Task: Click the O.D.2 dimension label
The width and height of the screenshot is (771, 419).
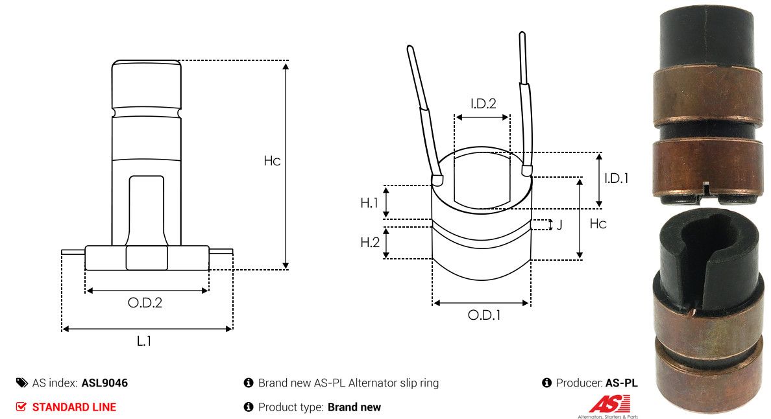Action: click(145, 302)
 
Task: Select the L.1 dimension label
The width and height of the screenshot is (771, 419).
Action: click(143, 341)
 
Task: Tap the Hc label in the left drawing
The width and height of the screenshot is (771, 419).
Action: click(272, 161)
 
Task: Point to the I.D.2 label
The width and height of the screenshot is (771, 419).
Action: click(483, 103)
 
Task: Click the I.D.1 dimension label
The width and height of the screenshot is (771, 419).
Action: click(616, 178)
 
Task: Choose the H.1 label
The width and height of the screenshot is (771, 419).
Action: click(369, 203)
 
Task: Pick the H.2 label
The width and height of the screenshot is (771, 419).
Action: click(369, 243)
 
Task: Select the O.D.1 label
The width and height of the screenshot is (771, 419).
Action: click(484, 315)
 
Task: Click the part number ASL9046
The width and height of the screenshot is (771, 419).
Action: click(104, 383)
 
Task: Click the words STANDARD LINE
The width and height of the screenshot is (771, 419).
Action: click(74, 407)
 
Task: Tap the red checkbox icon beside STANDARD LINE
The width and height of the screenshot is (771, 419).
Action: click(21, 407)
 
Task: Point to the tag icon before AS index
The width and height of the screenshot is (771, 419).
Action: click(21, 383)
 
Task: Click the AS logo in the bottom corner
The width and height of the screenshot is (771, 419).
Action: click(609, 405)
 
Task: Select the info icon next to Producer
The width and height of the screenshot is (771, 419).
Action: click(546, 383)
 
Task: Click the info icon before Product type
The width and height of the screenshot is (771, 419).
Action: click(248, 407)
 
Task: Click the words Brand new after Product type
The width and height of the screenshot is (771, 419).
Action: click(354, 407)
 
